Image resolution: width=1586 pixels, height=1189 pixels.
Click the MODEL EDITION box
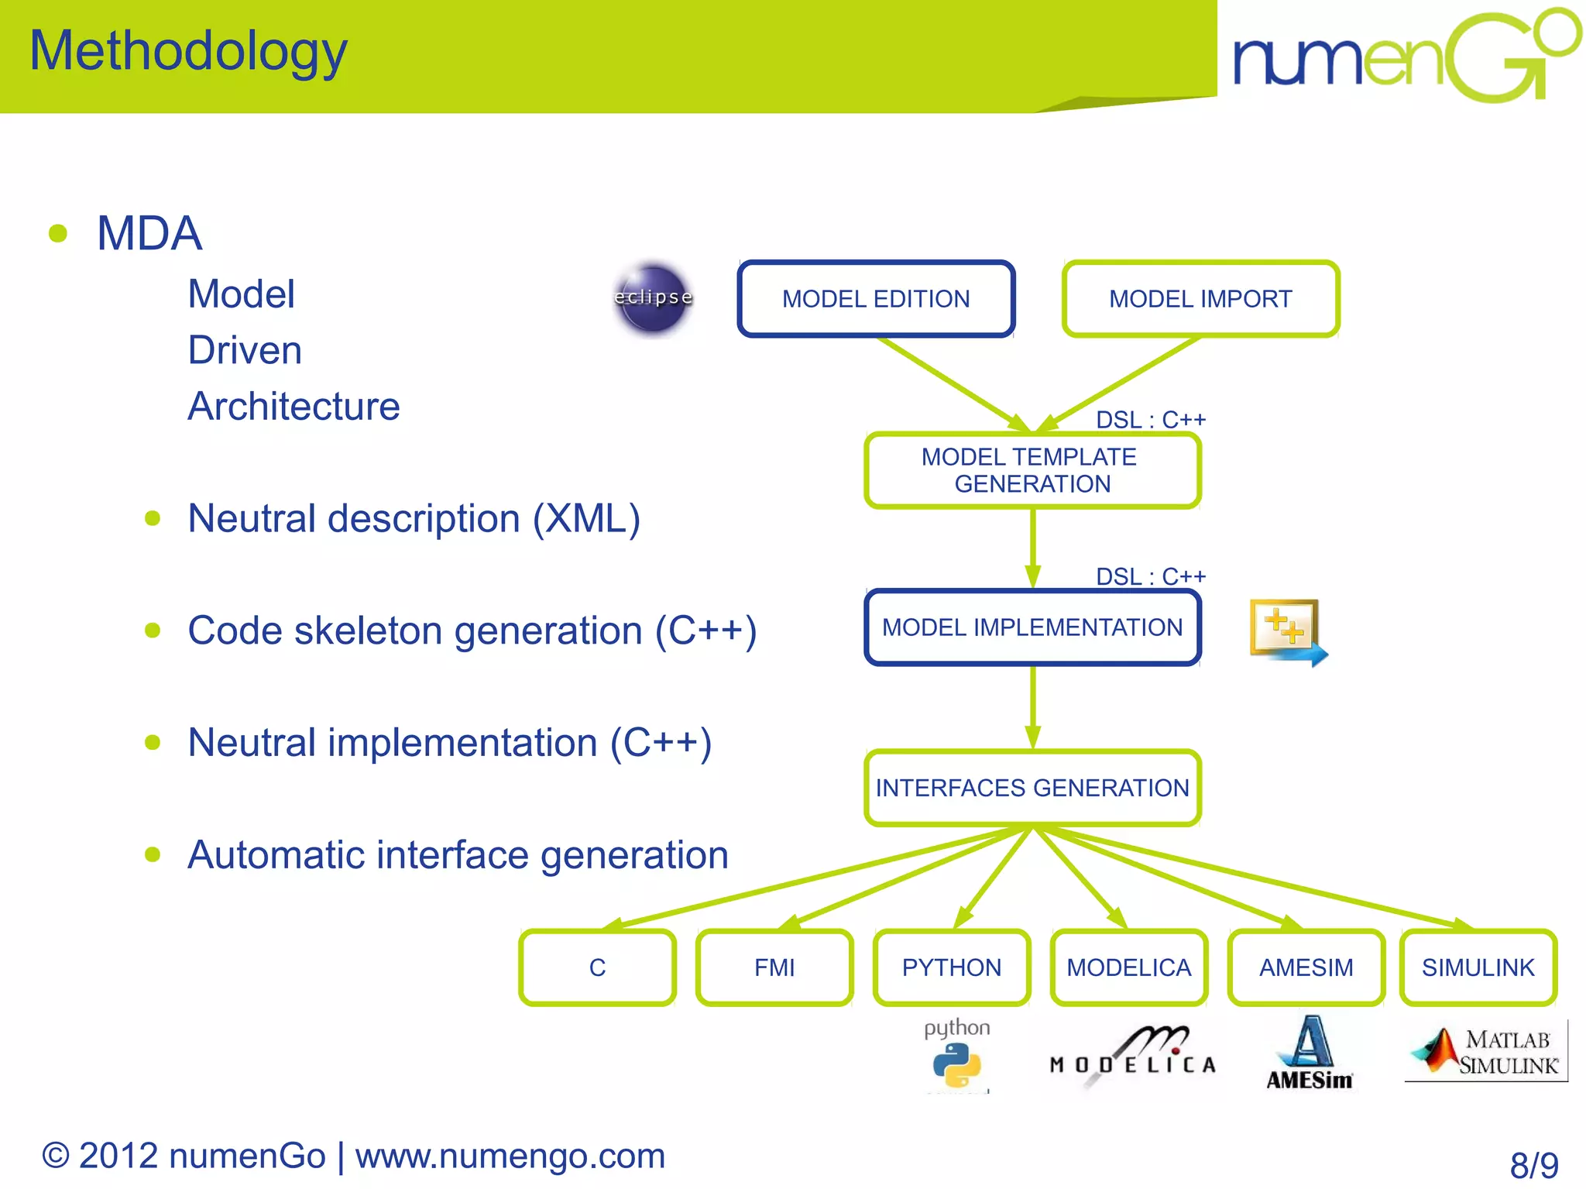click(876, 299)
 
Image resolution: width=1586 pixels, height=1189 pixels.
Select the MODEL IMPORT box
click(1200, 299)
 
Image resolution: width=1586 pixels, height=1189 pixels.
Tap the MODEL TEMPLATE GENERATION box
click(1032, 470)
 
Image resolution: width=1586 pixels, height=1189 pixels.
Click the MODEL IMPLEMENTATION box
click(1032, 627)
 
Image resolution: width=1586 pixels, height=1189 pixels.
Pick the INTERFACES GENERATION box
click(1032, 788)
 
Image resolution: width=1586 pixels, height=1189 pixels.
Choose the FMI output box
click(774, 967)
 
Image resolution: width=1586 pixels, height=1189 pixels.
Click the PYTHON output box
click(951, 967)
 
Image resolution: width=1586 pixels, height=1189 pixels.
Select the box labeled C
click(597, 967)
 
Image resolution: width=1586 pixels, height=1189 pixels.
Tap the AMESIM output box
click(1306, 967)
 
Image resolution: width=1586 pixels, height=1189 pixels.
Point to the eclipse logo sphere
click(653, 299)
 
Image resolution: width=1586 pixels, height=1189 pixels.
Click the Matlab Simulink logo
click(1485, 1052)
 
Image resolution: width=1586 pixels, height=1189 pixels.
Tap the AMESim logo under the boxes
click(1309, 1053)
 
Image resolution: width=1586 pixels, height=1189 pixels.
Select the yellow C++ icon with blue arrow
click(1287, 631)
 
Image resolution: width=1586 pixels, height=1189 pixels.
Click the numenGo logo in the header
click(1406, 56)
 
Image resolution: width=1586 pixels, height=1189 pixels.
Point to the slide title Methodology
click(188, 51)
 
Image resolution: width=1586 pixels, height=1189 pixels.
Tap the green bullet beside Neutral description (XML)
click(153, 518)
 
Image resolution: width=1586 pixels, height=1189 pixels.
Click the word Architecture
click(294, 407)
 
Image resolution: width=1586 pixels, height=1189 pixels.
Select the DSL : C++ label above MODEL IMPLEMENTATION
click(1150, 576)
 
